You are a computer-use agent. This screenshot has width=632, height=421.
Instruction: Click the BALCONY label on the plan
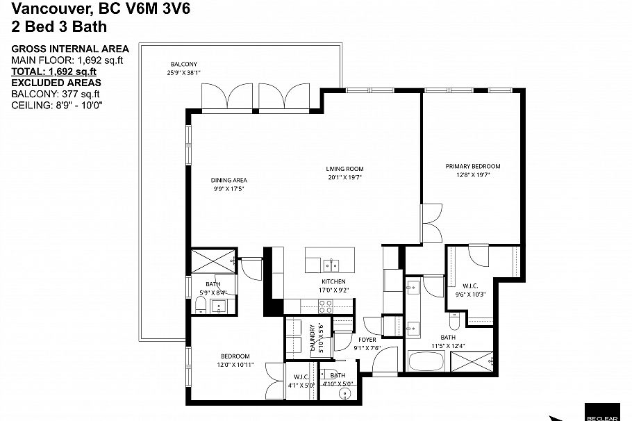(181, 64)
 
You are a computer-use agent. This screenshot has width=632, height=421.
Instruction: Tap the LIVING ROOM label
(344, 169)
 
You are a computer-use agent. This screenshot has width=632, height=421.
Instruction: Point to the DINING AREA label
(229, 181)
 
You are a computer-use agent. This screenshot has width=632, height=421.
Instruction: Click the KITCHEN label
(333, 281)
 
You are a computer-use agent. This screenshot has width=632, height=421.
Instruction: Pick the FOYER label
(367, 340)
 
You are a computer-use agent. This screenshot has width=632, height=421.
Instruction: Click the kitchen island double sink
(331, 264)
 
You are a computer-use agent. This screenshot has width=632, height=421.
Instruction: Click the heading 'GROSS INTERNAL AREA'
(70, 49)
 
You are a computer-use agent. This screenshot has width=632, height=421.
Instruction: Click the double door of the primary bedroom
(431, 222)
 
